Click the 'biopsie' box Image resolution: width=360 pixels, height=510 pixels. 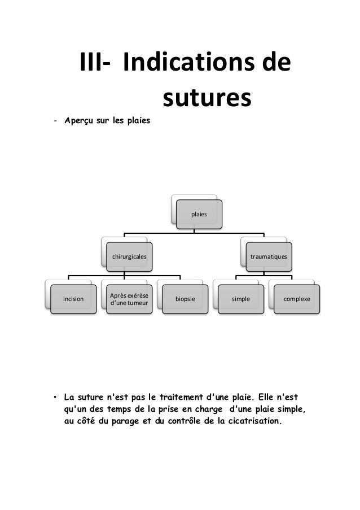(x=185, y=299)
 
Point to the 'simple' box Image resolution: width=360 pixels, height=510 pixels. (x=241, y=299)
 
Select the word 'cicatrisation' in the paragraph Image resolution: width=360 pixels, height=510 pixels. (x=252, y=420)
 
